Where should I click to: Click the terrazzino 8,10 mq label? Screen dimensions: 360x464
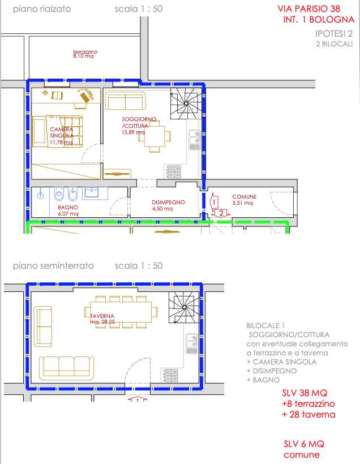point(85,54)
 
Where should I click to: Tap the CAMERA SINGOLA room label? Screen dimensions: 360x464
point(62,132)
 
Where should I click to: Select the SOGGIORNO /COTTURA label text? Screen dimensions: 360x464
point(139,122)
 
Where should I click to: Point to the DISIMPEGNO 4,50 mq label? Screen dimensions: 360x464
point(168,205)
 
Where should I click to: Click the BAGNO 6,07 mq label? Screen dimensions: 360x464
point(68,210)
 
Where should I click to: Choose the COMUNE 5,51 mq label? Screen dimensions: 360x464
point(244,200)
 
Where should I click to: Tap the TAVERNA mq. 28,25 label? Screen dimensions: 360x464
point(102,319)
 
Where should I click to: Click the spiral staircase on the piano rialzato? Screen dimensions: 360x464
point(186,104)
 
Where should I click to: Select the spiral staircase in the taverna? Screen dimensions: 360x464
point(185,307)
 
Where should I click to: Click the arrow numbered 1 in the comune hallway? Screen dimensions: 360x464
point(214,203)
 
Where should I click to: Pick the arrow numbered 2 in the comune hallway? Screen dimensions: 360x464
point(221,213)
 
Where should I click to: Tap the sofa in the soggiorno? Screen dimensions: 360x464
point(126,101)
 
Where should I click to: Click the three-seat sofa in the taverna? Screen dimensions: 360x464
point(67,368)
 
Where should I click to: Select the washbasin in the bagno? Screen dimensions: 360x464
point(92,193)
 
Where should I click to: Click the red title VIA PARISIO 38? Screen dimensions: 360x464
point(309,8)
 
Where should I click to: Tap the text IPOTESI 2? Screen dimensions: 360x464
point(334,33)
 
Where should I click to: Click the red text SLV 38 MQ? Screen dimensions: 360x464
point(305,393)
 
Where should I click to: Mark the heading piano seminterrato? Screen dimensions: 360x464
point(53,266)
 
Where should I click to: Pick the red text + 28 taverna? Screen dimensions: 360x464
point(309,414)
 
